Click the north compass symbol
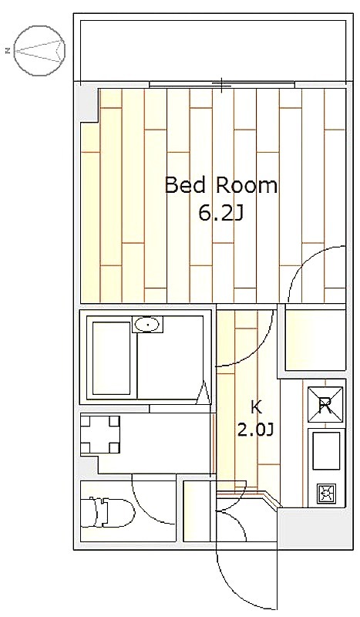tap(39, 50)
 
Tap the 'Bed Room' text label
tap(220, 186)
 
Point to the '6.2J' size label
tap(220, 214)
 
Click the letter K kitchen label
tap(256, 408)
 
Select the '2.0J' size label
tap(255, 430)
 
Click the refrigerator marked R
tap(325, 406)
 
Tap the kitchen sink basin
tap(326, 451)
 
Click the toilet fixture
tap(106, 511)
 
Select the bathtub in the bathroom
tap(111, 359)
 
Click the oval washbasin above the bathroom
tap(147, 325)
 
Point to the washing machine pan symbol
tap(100, 434)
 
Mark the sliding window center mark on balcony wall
tap(222, 84)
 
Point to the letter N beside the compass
tap(8, 50)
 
